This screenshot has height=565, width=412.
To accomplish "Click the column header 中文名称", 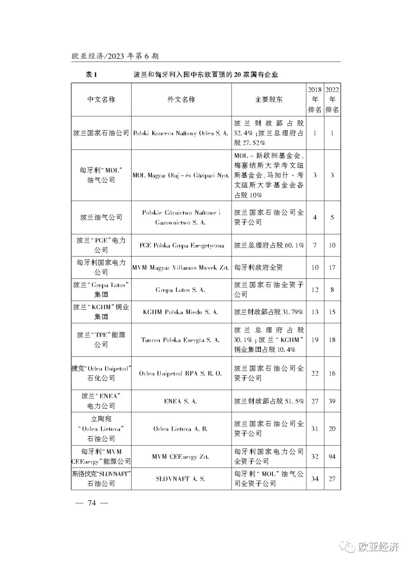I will pyautogui.click(x=101, y=100).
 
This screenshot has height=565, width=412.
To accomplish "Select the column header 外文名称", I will pyautogui.click(x=181, y=100).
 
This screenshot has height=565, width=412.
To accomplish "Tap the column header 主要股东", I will pyautogui.click(x=269, y=100).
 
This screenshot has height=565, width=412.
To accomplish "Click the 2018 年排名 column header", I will pyautogui.click(x=315, y=100).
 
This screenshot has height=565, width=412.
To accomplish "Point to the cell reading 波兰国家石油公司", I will pyautogui.click(x=101, y=133).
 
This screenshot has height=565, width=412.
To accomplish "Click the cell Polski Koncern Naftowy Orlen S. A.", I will pyautogui.click(x=181, y=133).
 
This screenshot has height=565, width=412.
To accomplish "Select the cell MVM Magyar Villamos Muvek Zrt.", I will pyautogui.click(x=181, y=267).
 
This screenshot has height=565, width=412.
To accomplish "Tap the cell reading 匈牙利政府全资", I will pyautogui.click(x=258, y=267).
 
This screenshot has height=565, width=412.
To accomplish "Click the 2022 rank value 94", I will pyautogui.click(x=332, y=456).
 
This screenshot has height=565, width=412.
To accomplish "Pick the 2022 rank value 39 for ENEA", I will pyautogui.click(x=332, y=401).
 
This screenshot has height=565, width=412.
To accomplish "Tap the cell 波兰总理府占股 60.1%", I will pyautogui.click(x=269, y=245).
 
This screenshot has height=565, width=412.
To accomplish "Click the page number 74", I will pyautogui.click(x=92, y=503).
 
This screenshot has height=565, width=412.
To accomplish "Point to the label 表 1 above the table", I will pyautogui.click(x=91, y=75).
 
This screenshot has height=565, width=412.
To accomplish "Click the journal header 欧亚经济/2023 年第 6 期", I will pyautogui.click(x=115, y=56).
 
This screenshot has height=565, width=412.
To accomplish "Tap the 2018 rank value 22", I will pyautogui.click(x=315, y=373).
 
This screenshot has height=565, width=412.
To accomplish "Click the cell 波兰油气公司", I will pyautogui.click(x=101, y=217).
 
